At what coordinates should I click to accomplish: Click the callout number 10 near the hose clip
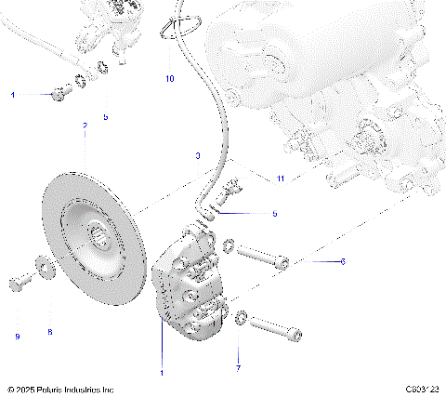click(170, 79)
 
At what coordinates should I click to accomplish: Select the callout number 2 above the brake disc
click(85, 126)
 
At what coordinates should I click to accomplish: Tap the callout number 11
click(280, 178)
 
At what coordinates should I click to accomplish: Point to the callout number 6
click(342, 262)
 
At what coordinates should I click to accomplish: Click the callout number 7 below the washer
click(238, 369)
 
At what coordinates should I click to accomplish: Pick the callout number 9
click(17, 336)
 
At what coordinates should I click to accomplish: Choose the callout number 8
click(50, 332)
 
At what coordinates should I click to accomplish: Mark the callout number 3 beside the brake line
click(197, 156)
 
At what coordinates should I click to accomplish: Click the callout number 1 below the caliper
click(162, 373)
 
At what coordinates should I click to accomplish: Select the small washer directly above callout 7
click(241, 318)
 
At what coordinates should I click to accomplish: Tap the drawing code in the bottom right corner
click(422, 390)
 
